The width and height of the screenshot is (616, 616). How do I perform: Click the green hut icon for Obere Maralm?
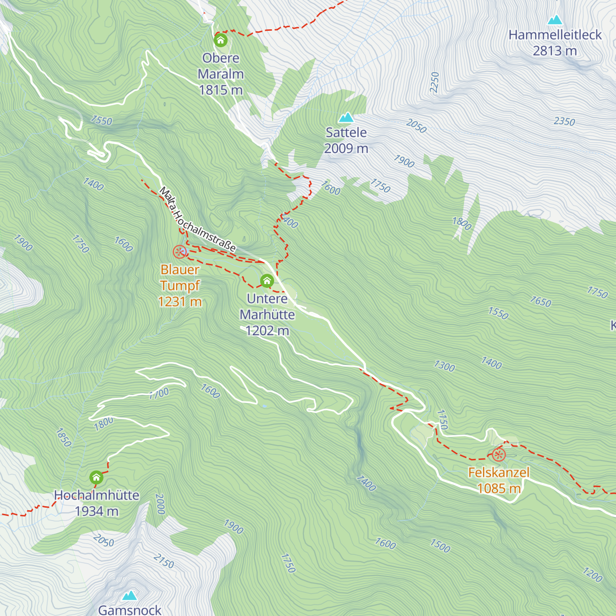point(221,40)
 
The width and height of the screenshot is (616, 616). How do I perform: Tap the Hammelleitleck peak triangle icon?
point(554,21)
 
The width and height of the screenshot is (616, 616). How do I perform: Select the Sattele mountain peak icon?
point(346,118)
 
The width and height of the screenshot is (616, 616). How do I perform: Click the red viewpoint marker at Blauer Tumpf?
point(179,252)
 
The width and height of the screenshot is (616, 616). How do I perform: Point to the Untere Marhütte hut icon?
point(266,281)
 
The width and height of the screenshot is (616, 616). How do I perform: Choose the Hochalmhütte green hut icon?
point(96,478)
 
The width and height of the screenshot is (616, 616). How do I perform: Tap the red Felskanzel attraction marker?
point(498,455)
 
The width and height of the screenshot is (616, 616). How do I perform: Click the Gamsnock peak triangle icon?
point(130,595)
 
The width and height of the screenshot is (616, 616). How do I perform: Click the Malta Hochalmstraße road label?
point(197,220)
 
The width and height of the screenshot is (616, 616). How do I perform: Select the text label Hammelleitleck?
point(554,35)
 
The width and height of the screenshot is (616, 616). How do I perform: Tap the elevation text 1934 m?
point(97,511)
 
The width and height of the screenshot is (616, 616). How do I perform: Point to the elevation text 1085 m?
point(499,488)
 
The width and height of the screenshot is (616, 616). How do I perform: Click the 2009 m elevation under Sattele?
point(346,148)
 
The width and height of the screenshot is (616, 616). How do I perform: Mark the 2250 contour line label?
point(435,82)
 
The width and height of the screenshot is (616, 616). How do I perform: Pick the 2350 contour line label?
point(564,121)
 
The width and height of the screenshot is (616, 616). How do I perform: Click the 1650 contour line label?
point(541,301)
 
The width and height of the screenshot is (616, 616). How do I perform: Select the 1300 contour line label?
point(444,366)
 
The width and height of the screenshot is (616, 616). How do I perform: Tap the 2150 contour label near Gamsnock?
point(164,562)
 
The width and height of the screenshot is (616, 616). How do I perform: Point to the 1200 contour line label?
point(592,574)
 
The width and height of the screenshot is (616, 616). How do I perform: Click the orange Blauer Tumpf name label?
point(180,277)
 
